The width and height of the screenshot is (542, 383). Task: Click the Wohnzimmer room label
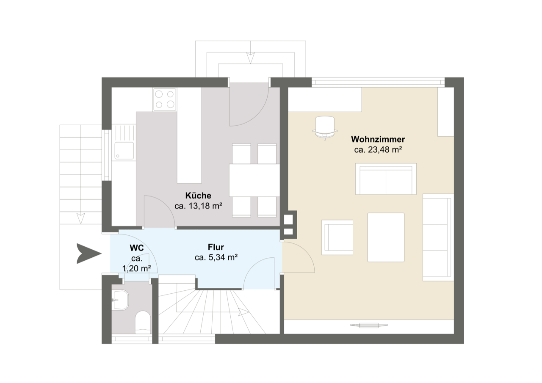[x=378, y=139]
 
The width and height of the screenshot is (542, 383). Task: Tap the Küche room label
[x=198, y=196]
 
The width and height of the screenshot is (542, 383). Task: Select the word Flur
[x=216, y=247]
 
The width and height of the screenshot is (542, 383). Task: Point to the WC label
[x=137, y=248]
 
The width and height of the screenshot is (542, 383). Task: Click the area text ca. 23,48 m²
[x=378, y=150]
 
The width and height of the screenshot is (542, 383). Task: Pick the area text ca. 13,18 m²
[x=198, y=206]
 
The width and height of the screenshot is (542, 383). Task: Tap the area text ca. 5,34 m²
[x=216, y=257]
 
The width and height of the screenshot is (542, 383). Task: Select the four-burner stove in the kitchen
[x=165, y=99]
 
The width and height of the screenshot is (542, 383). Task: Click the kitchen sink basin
[x=124, y=151]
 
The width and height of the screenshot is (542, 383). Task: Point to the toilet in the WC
[x=143, y=322]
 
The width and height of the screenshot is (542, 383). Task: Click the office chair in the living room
[x=325, y=128]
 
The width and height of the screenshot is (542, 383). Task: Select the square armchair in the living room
[x=337, y=237]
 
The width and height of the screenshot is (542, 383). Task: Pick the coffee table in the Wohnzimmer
[x=386, y=237]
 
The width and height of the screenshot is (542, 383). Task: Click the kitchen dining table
[x=254, y=180]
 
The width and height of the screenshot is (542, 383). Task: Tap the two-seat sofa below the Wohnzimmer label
[x=386, y=179]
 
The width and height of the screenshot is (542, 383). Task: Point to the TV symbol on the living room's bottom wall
[x=369, y=325]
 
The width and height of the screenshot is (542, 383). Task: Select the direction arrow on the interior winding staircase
[x=243, y=312]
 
